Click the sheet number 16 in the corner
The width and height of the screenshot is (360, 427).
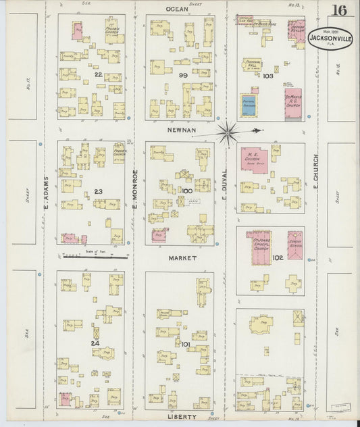339,10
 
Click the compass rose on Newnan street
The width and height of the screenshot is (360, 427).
226,129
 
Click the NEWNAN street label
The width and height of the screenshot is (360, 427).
180,127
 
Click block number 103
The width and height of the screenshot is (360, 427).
267,76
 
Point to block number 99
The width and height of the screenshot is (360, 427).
182,75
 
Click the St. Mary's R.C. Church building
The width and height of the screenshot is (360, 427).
293,103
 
